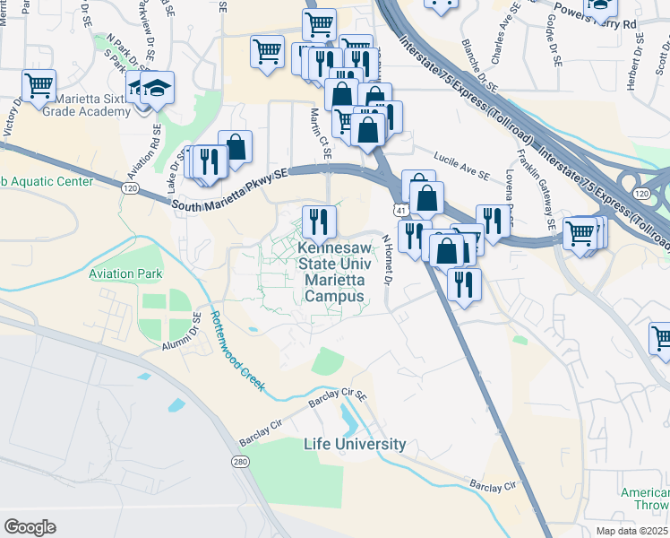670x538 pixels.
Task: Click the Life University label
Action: click(x=355, y=444)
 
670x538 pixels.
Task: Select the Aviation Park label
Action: click(x=124, y=251)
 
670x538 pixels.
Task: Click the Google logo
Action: click(x=30, y=527)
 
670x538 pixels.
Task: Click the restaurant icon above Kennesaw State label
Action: click(x=319, y=220)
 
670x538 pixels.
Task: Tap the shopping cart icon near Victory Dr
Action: click(x=39, y=86)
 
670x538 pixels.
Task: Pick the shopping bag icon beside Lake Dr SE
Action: click(x=235, y=147)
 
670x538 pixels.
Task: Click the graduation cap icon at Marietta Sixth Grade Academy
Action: click(x=158, y=88)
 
